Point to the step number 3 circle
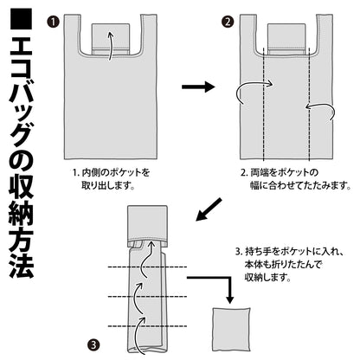click(93, 344)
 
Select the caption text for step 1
click(108, 179)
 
